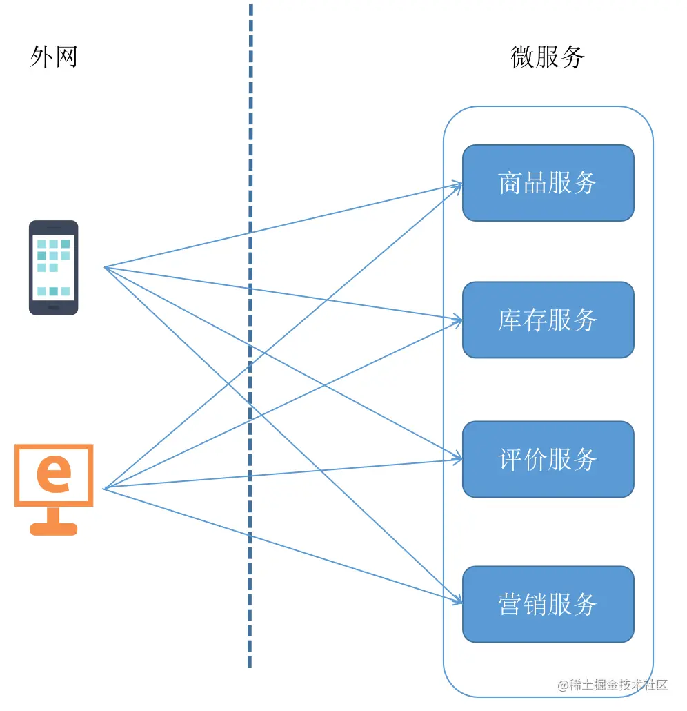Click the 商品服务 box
tap(548, 183)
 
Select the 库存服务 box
tap(548, 320)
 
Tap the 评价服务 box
tap(548, 459)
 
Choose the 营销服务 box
tap(548, 604)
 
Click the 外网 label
tap(53, 57)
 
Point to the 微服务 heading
tap(548, 57)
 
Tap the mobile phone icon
tap(53, 267)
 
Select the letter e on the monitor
tap(54, 474)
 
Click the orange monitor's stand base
tap(54, 529)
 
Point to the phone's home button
tap(53, 307)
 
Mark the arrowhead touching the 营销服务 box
tap(457, 601)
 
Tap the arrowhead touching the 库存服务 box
tap(457, 320)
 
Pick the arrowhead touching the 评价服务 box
tap(457, 458)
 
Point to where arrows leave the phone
tap(105, 267)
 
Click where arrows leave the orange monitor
tap(104, 488)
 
